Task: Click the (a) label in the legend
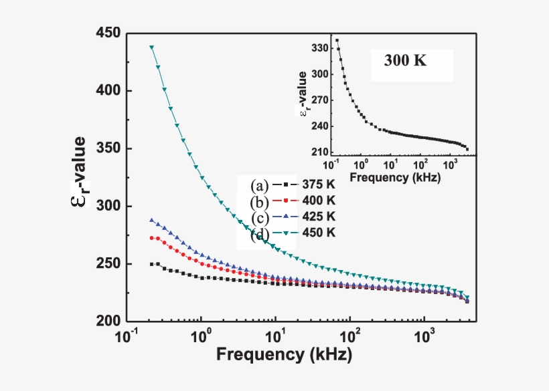(259, 185)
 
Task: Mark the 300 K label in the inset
(405, 60)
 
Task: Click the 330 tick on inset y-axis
(320, 49)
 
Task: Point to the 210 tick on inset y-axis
(320, 152)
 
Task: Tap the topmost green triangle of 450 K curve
(152, 47)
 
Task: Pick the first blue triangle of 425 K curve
(151, 220)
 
